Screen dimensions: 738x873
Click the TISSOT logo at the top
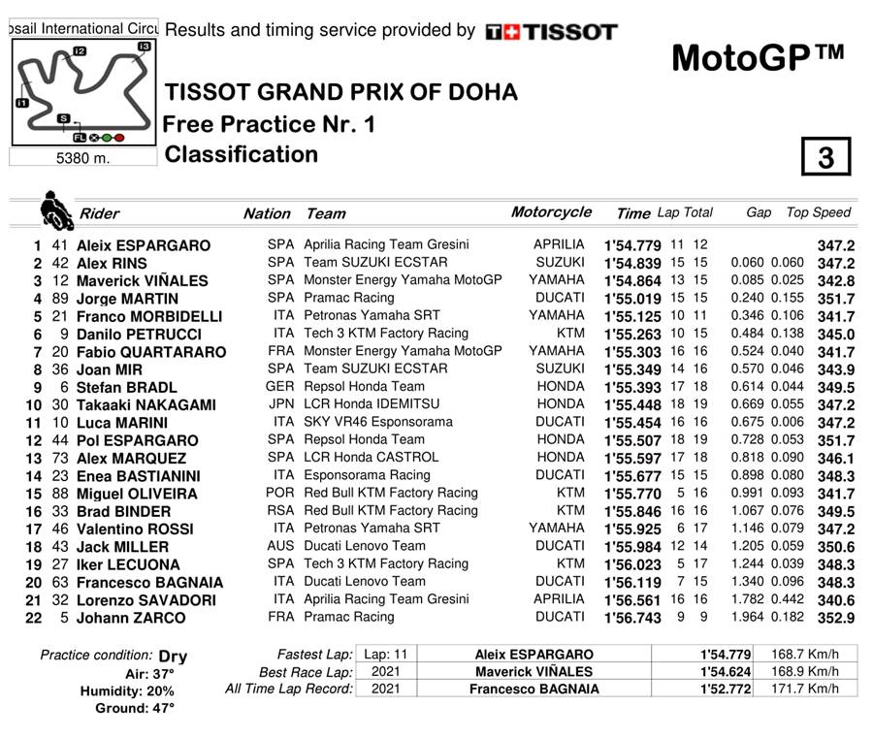551,32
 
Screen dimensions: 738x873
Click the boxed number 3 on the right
825,157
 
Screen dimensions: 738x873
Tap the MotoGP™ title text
758,58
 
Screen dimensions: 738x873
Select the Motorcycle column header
551,212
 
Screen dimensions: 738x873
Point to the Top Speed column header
818,212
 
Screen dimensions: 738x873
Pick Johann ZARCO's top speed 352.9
835,618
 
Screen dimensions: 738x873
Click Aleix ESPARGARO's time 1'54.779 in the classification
632,245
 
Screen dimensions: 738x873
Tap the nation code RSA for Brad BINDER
280,510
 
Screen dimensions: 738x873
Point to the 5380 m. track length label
83,158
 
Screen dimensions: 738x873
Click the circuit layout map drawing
83,93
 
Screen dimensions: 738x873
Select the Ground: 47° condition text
135,709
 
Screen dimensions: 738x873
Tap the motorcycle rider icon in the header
52,209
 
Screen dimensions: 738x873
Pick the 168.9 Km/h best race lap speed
805,672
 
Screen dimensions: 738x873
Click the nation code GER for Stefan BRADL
280,386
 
